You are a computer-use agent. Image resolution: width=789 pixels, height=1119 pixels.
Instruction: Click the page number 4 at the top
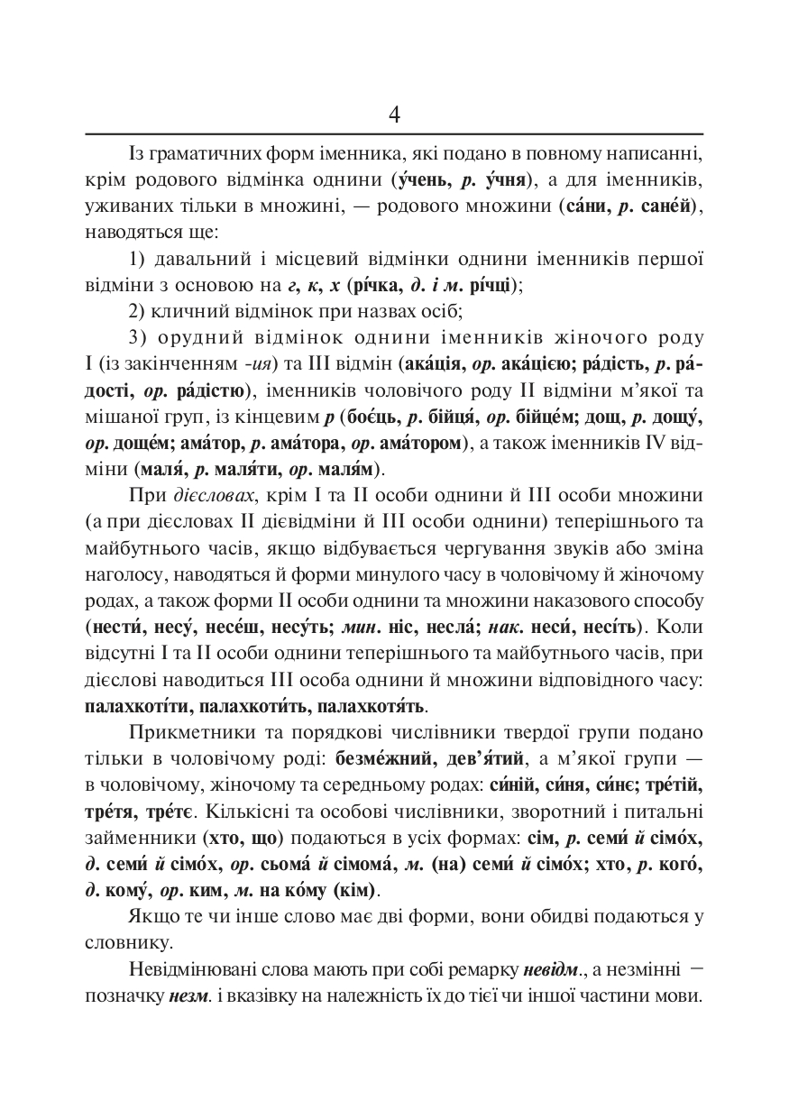394,115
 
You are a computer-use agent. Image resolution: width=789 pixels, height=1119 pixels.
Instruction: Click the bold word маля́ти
246,469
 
